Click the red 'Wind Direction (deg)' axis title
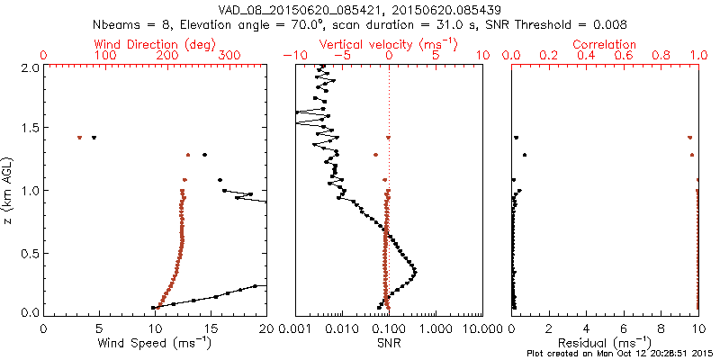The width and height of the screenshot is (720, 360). tap(155, 44)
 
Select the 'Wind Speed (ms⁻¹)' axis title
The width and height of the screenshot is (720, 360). tap(156, 344)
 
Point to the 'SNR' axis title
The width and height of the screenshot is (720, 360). tap(389, 343)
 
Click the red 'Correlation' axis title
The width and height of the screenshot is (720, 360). tap(606, 44)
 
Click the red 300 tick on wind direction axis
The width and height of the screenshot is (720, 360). tap(229, 56)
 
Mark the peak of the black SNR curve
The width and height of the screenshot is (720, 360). tap(414, 270)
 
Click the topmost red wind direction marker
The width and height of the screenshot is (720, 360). tap(80, 138)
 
